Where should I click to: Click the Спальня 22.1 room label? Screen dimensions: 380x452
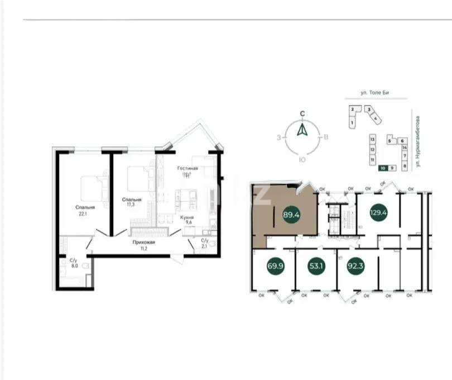85,210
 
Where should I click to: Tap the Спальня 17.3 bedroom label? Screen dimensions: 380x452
132,202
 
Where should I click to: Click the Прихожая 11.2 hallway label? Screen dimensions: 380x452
143,245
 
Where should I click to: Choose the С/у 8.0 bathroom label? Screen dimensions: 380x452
73,263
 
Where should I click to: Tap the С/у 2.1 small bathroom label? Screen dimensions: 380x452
205,244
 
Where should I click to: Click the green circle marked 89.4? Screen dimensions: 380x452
291,214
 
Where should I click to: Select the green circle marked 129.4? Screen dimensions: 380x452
379,213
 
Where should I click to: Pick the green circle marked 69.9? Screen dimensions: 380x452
276,266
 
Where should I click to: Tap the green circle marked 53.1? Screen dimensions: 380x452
316,266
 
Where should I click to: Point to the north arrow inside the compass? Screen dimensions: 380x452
301,131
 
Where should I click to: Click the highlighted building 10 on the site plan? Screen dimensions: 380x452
383,168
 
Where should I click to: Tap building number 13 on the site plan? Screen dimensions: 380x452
372,137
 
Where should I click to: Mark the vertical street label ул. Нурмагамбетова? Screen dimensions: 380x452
419,142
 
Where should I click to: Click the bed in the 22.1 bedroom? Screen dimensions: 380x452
94,188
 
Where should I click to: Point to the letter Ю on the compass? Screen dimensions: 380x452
301,160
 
